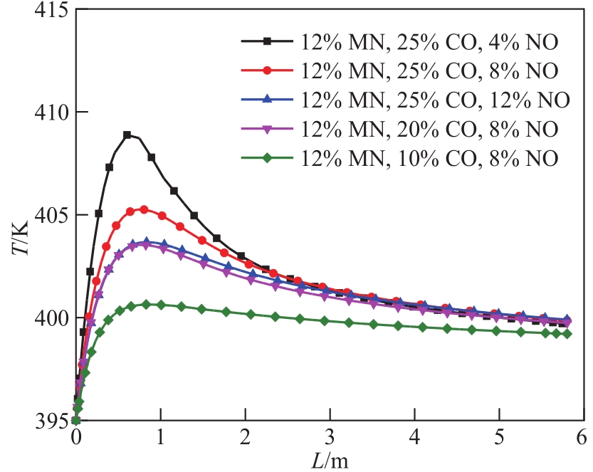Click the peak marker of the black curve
pyautogui.click(x=127, y=135)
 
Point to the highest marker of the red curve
pyautogui.click(x=144, y=209)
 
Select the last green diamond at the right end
pyautogui.click(x=567, y=334)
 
